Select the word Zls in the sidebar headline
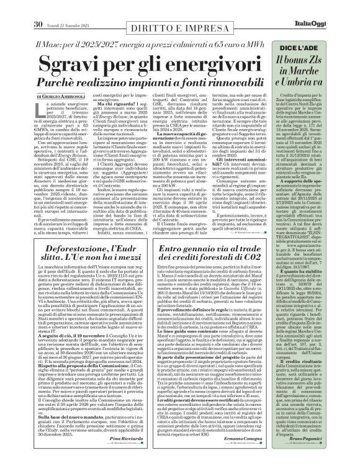[x=330, y=61]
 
